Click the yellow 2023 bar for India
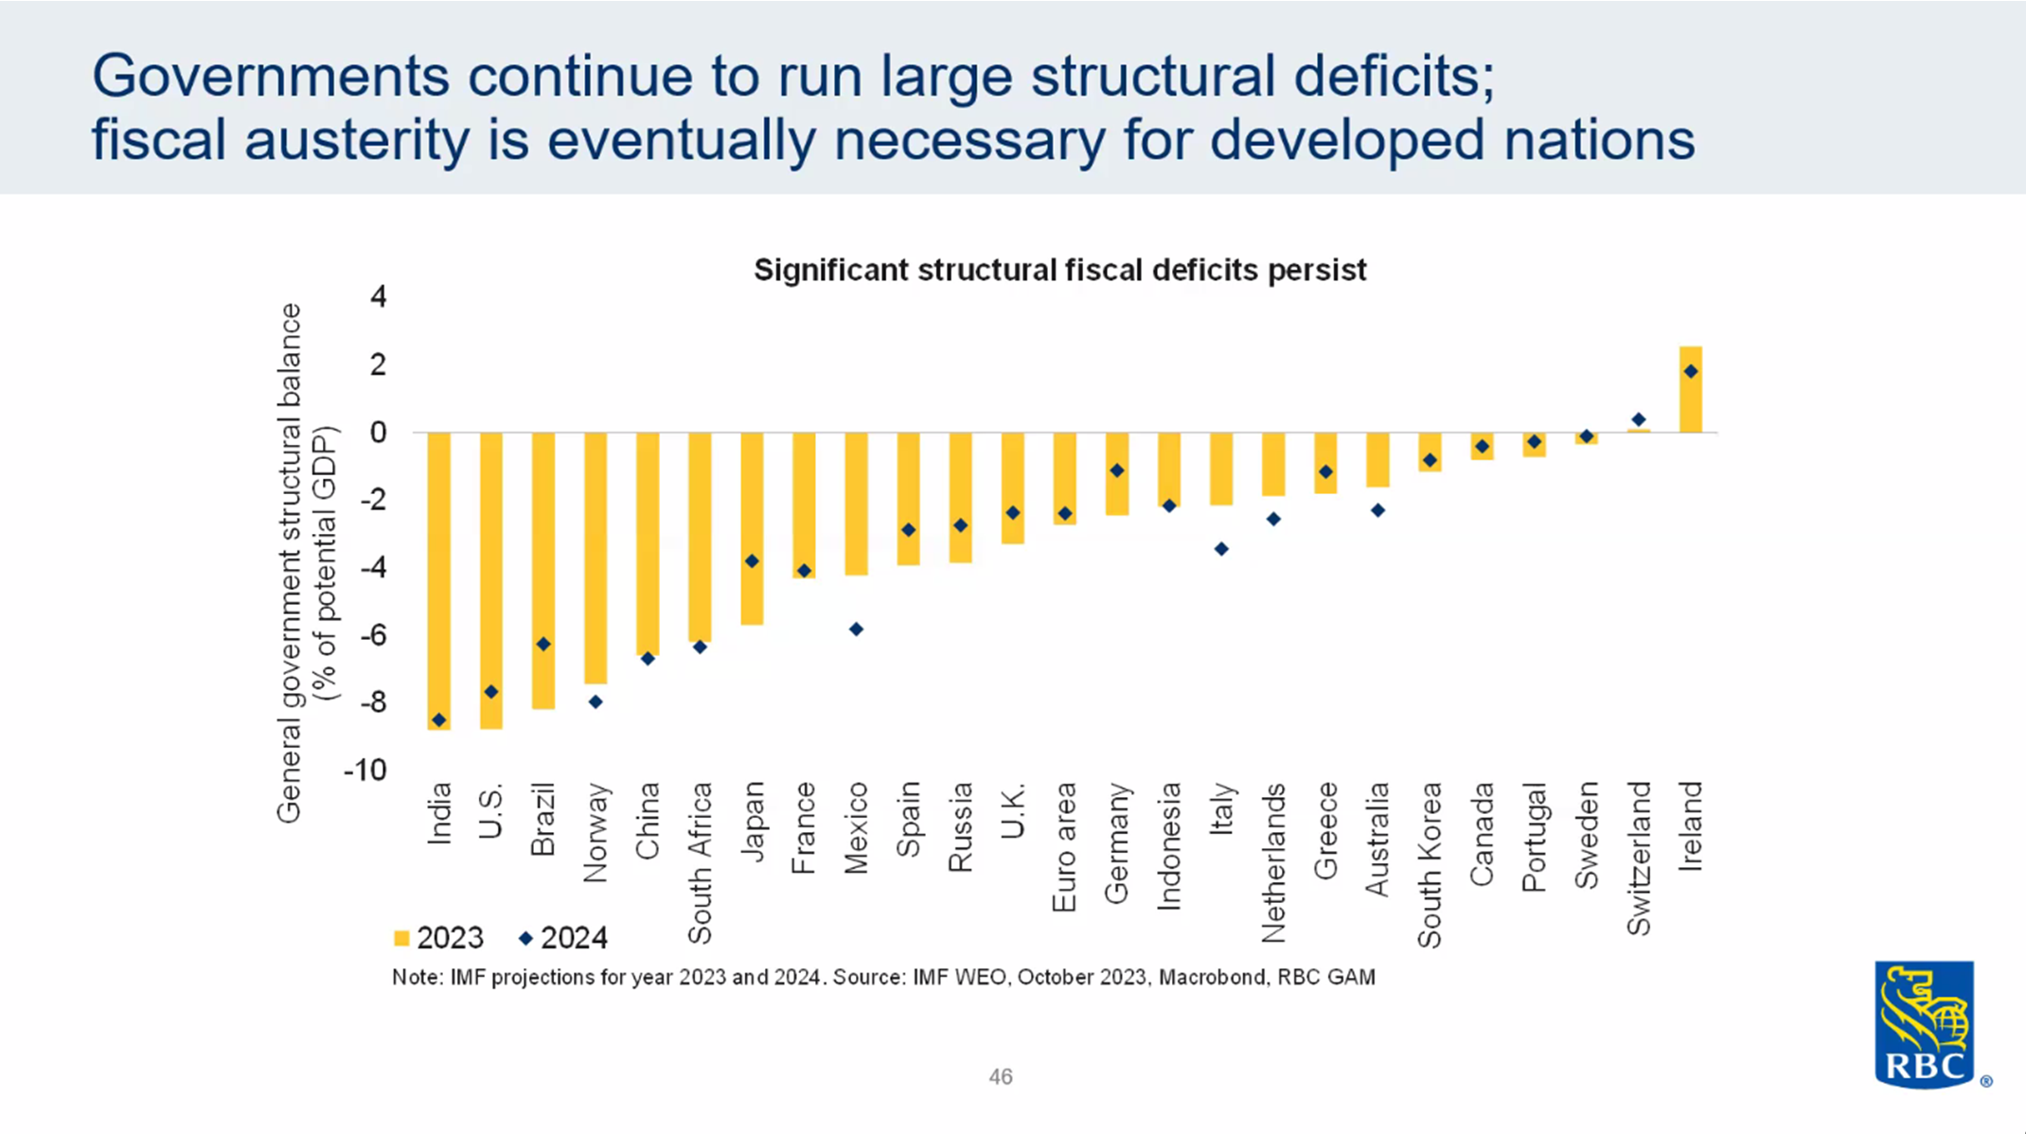point(438,579)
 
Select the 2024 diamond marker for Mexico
point(856,629)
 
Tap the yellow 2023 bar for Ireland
point(1690,390)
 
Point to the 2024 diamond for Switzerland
point(1639,419)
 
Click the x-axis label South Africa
point(700,862)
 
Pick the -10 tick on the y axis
point(365,771)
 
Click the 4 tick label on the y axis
point(379,297)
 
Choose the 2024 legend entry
point(563,938)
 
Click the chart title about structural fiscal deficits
point(1059,271)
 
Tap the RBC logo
point(1926,1025)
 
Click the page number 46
point(1001,1076)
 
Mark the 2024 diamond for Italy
point(1221,549)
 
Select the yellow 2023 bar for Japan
point(752,527)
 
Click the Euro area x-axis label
point(1065,847)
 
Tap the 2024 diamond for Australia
point(1377,511)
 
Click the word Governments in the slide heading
point(270,76)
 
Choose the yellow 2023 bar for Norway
point(595,557)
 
